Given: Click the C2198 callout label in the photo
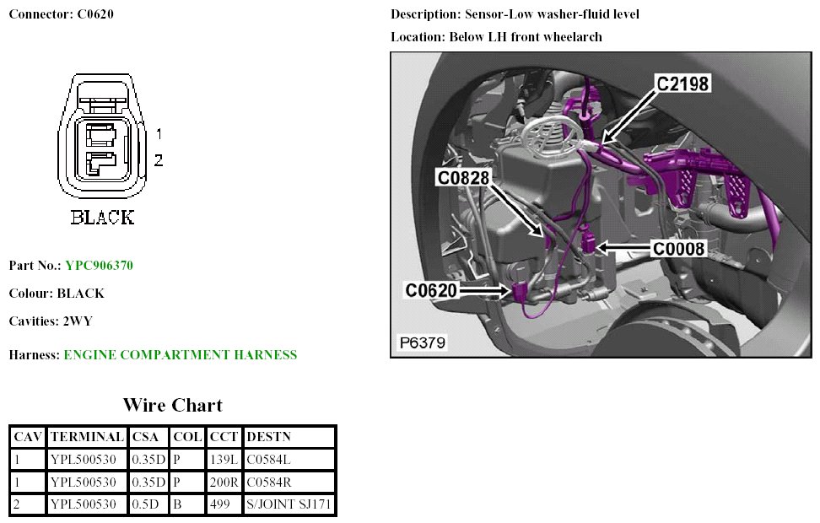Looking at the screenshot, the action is [682, 84].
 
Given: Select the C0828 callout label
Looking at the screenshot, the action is [463, 177].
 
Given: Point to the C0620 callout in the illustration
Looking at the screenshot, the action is [431, 291].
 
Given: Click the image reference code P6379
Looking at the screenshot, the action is [423, 342].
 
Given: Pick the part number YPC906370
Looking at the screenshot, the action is [99, 266].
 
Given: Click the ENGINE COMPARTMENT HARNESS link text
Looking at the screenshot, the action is [180, 355].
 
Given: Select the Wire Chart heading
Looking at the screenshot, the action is [172, 405].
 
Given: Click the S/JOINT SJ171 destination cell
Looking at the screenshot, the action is [289, 505].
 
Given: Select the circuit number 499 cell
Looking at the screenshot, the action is [218, 505].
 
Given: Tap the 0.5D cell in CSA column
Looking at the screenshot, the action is [145, 505].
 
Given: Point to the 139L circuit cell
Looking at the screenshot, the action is [221, 460].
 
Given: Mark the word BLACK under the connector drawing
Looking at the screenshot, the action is [102, 218].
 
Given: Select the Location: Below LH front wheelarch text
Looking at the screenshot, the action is [496, 37].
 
